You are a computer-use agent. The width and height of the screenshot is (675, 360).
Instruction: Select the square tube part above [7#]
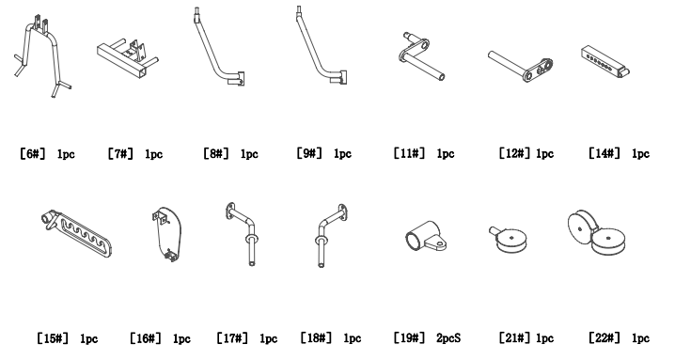[x=125, y=59]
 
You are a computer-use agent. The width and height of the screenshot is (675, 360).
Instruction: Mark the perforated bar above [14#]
[x=610, y=57]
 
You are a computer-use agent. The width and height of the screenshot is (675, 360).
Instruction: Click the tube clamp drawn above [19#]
[x=422, y=241]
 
